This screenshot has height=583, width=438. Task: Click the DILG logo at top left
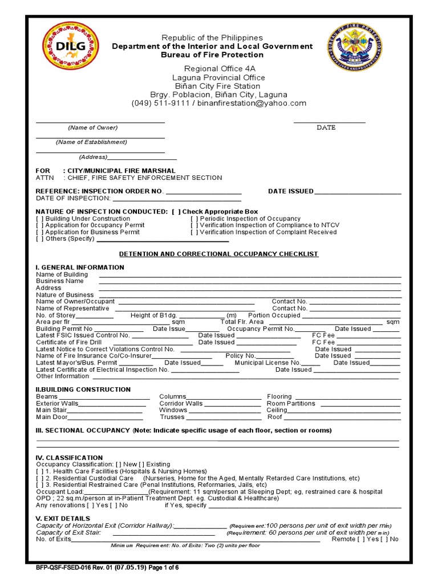point(70,46)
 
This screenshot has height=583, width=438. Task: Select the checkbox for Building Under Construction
point(39,219)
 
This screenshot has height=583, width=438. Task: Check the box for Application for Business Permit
point(39,232)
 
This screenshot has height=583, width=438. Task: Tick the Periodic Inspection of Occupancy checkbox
point(194,219)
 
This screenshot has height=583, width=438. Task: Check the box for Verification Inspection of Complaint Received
point(194,232)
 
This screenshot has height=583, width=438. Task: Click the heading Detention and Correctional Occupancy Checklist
point(218,254)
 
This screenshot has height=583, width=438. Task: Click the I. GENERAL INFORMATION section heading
point(80,267)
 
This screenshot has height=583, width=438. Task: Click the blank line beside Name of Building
point(250,275)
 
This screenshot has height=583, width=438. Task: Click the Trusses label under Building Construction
point(172,417)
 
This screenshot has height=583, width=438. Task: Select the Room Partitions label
point(291,404)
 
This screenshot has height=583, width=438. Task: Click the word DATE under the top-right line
point(326,128)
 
